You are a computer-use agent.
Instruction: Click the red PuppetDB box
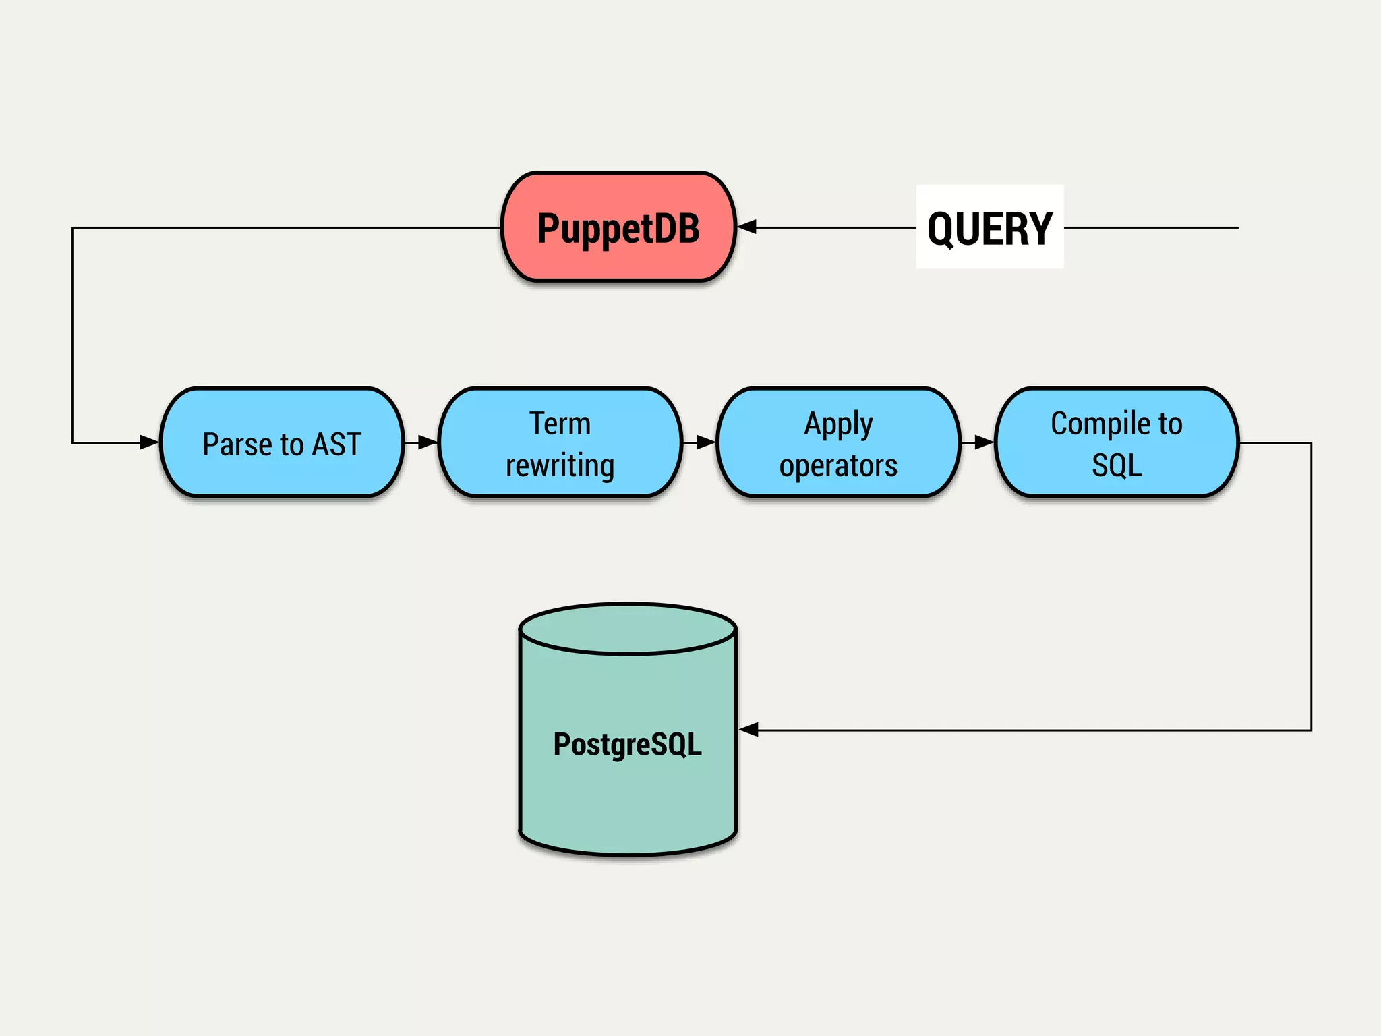pyautogui.click(x=618, y=227)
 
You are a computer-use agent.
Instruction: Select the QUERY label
pyautogui.click(x=989, y=228)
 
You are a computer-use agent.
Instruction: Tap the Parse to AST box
pyautogui.click(x=282, y=443)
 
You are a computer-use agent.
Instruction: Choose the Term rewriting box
pyautogui.click(x=560, y=443)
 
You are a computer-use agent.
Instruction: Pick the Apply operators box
pyautogui.click(x=838, y=443)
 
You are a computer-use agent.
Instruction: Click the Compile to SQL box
pyautogui.click(x=1117, y=443)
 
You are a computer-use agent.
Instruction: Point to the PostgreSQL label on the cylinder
pyautogui.click(x=627, y=744)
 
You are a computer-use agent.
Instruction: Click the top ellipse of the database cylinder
pyautogui.click(x=627, y=629)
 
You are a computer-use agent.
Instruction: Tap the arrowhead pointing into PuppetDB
pyautogui.click(x=747, y=227)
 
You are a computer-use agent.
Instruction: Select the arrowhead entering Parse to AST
pyautogui.click(x=149, y=442)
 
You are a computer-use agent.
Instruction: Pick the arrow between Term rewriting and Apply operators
pyautogui.click(x=700, y=442)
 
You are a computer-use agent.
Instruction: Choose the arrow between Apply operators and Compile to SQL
pyautogui.click(x=978, y=442)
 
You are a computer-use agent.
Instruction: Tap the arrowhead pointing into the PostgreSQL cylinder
pyautogui.click(x=749, y=729)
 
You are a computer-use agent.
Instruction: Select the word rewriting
pyautogui.click(x=560, y=465)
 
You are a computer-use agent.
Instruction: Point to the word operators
pyautogui.click(x=838, y=465)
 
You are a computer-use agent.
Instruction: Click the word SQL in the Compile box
pyautogui.click(x=1117, y=465)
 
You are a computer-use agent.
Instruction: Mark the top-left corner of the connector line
pyautogui.click(x=73, y=228)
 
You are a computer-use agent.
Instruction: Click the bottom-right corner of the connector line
pyautogui.click(x=1311, y=730)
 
